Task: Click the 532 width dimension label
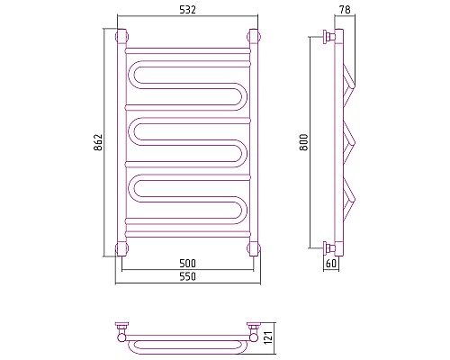coord(187,10)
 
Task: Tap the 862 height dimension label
coord(98,142)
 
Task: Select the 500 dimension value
coord(187,264)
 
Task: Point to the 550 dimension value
coord(187,276)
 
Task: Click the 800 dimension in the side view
coord(304,142)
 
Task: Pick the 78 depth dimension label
coord(345,10)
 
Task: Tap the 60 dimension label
coord(331,264)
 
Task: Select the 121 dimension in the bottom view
coord(268,337)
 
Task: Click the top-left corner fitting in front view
coord(121,37)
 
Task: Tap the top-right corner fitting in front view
coord(254,37)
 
